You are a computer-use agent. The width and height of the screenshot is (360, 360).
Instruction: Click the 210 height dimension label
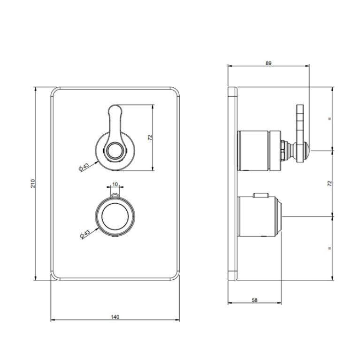[33, 184]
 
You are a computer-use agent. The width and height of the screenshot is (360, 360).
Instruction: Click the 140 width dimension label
[115, 317]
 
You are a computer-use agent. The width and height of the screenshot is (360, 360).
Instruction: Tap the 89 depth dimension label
[268, 63]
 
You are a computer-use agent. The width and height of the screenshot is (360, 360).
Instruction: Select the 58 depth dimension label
[254, 300]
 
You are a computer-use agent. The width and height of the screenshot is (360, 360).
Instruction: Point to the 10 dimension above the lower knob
[115, 184]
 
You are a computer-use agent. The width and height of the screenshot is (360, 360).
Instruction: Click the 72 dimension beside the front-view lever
[150, 138]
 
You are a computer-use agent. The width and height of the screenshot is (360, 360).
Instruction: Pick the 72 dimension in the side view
[329, 184]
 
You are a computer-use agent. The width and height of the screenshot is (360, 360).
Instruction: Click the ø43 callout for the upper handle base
[84, 167]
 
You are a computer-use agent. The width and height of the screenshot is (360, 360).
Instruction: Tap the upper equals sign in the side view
[330, 119]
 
